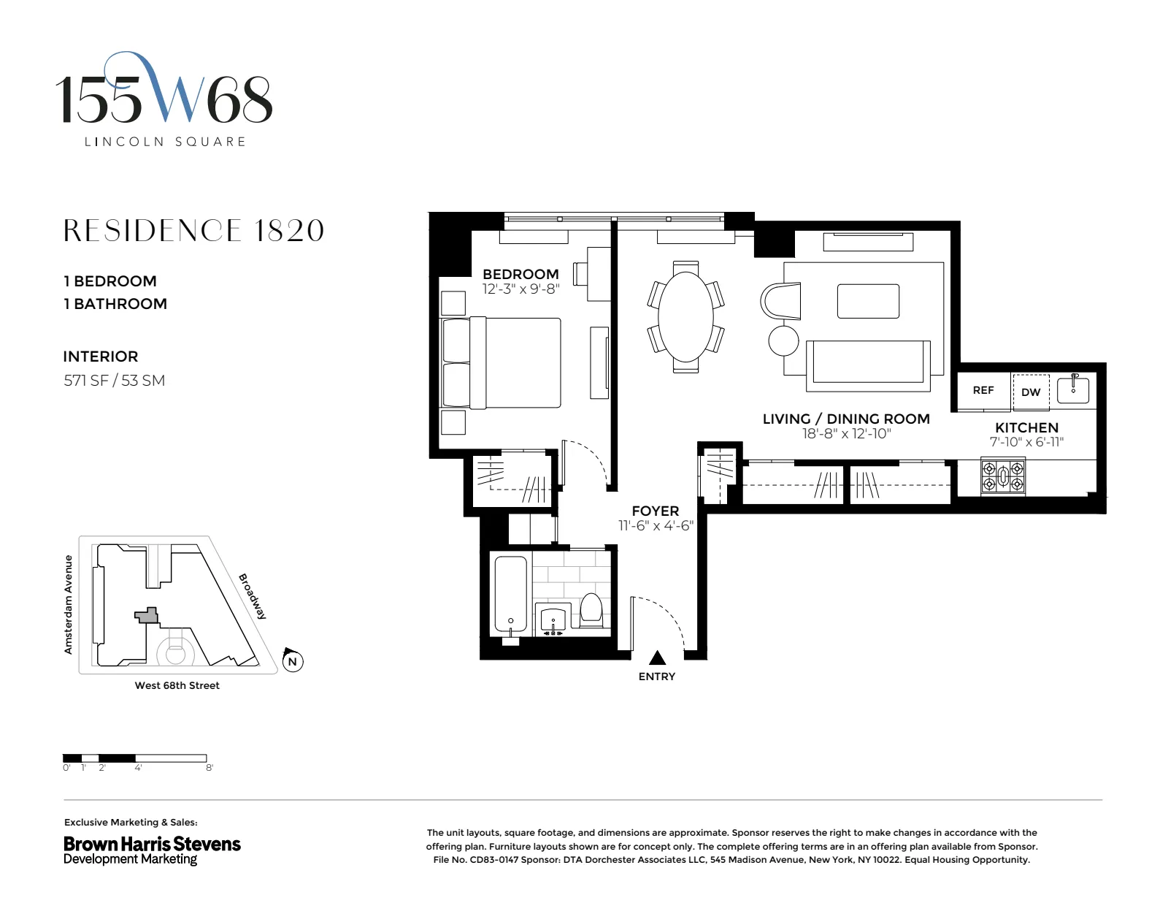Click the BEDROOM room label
coord(520,275)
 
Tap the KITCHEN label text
coord(1026,427)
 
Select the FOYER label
coord(655,511)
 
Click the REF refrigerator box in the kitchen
coord(983,390)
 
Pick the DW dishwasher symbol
coord(1031,392)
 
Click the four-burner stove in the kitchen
coord(1003,476)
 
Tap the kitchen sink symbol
coord(1073,388)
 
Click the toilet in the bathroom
coord(591,611)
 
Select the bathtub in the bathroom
coord(510,593)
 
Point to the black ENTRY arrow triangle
coord(657,658)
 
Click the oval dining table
coord(685,316)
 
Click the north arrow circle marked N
coord(293,661)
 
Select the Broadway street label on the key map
coord(253,596)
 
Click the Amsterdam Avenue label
coord(69,604)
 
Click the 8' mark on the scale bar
coord(210,768)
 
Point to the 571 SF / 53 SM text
coord(114,380)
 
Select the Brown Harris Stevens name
coord(152,844)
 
